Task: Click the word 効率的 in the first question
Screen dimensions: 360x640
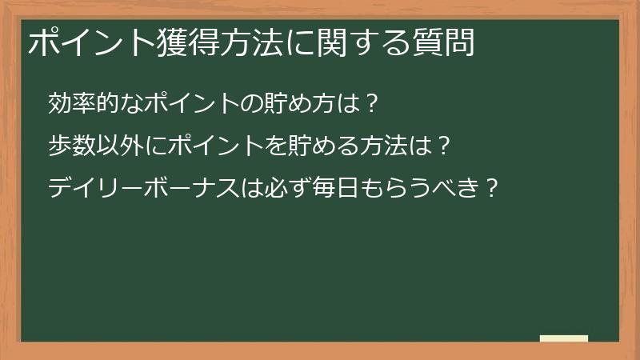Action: (81, 103)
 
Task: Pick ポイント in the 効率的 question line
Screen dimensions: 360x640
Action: (183, 103)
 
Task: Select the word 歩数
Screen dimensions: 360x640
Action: (70, 146)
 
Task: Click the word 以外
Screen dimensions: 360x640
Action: (114, 146)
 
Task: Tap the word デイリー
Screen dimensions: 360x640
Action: (92, 190)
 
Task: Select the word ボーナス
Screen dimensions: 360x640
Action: (183, 190)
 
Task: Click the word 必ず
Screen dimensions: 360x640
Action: (273, 190)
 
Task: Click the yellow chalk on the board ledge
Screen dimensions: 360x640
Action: (563, 338)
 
